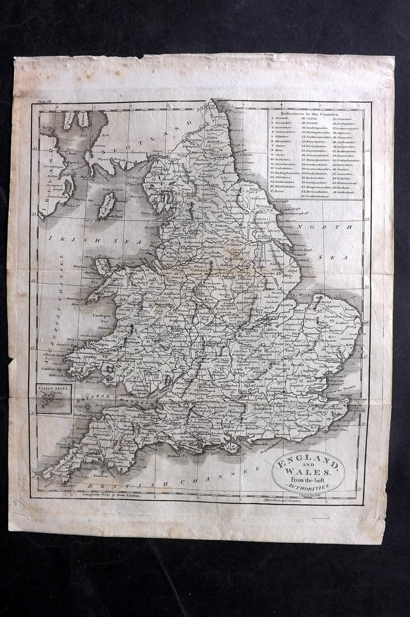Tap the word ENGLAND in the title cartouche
click(306, 465)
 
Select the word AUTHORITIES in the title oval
click(307, 487)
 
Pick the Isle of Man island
click(106, 205)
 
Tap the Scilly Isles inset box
click(54, 398)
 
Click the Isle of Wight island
click(231, 446)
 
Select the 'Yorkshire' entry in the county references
click(342, 177)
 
